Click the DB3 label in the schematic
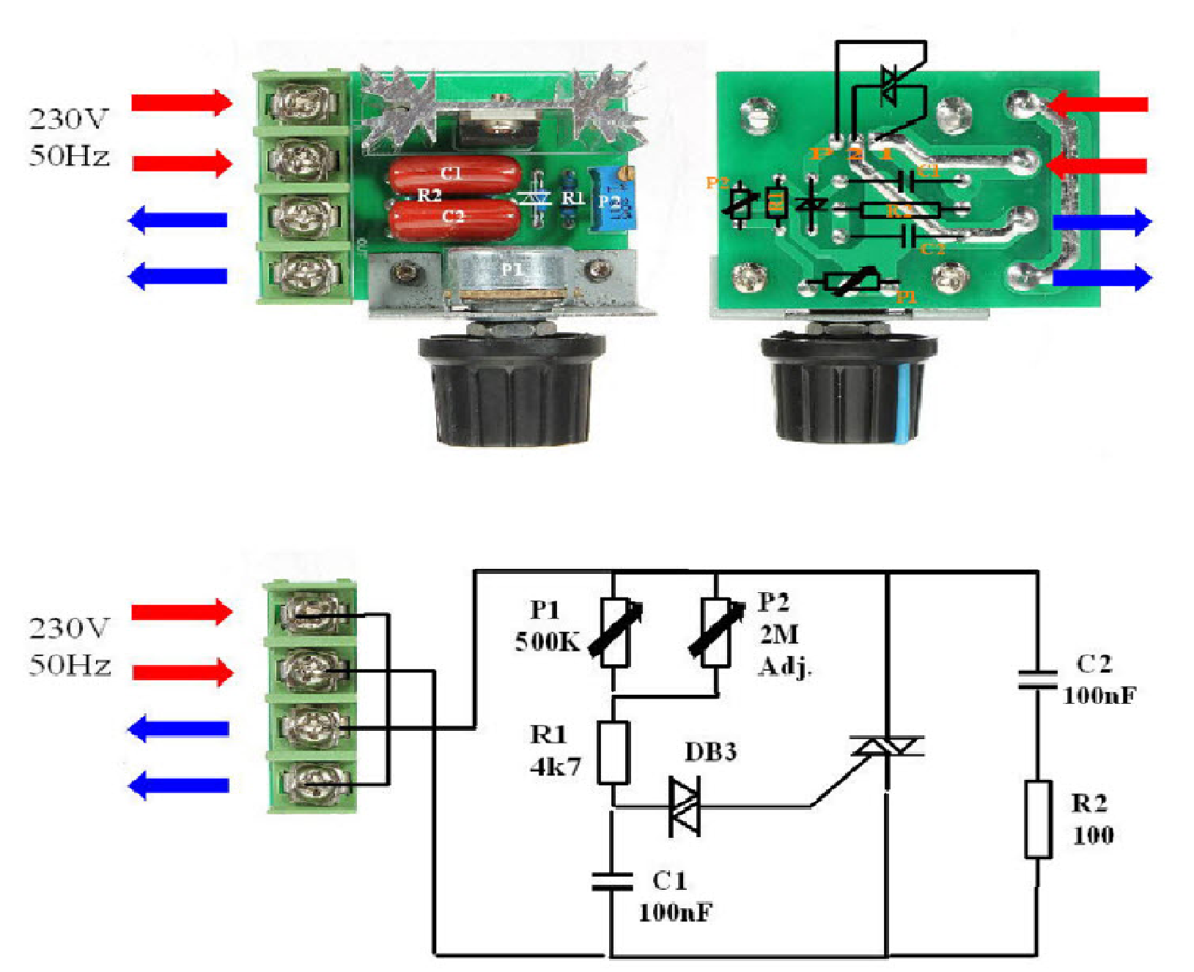[x=710, y=752]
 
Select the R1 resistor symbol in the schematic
[x=613, y=753]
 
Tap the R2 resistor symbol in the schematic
[x=1038, y=819]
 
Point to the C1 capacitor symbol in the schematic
[x=612, y=881]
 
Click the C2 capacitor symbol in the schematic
[x=1037, y=680]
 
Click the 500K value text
[x=547, y=642]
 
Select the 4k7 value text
[x=555, y=767]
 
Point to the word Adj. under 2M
[x=785, y=666]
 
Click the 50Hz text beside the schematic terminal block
[x=70, y=666]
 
